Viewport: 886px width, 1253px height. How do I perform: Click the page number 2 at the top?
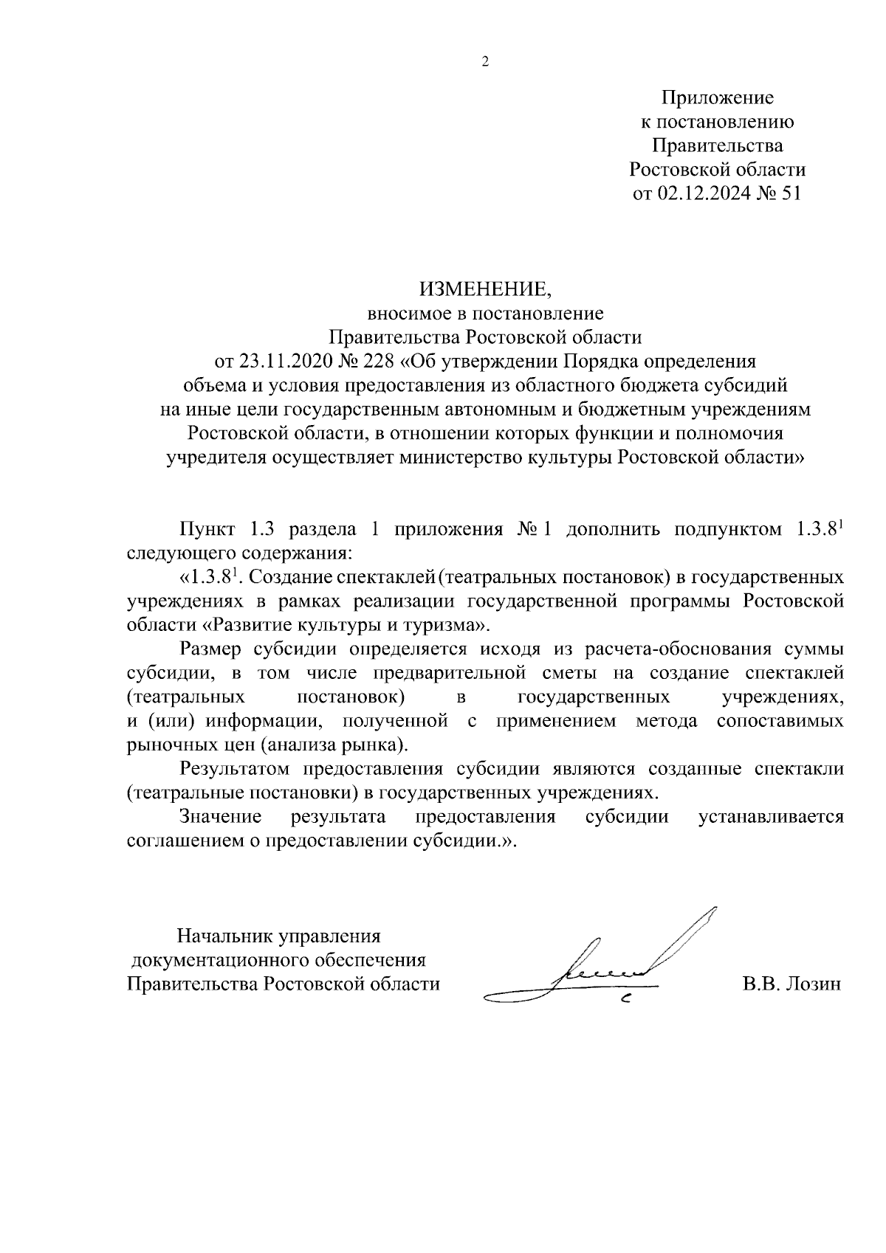[485, 63]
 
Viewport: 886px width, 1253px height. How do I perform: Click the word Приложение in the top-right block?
[717, 97]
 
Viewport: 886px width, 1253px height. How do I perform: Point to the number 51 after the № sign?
[789, 194]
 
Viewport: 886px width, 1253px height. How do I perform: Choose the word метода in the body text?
[667, 721]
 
